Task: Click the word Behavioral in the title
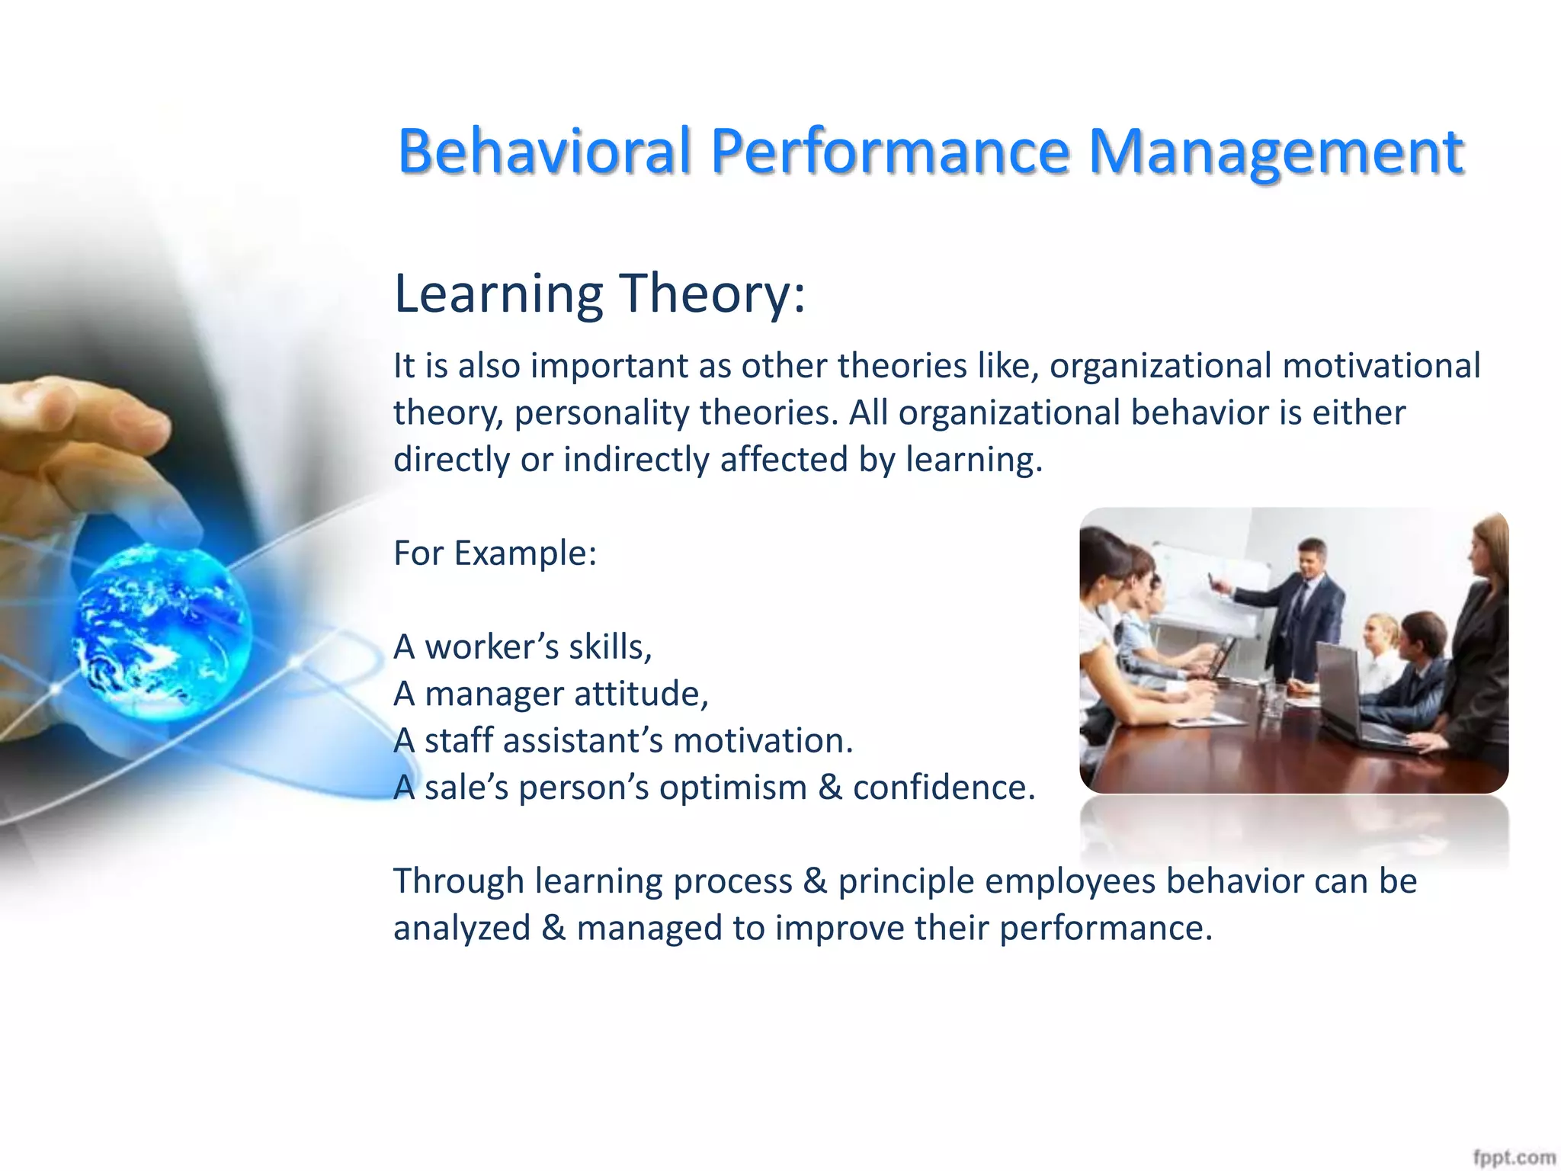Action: (x=544, y=150)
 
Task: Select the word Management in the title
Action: (x=1274, y=150)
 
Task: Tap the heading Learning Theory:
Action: (x=599, y=294)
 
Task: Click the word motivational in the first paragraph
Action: (x=1381, y=366)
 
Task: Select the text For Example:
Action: (x=495, y=553)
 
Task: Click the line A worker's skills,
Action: (x=523, y=647)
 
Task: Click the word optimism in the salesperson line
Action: (x=732, y=788)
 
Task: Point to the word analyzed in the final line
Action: (x=462, y=929)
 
